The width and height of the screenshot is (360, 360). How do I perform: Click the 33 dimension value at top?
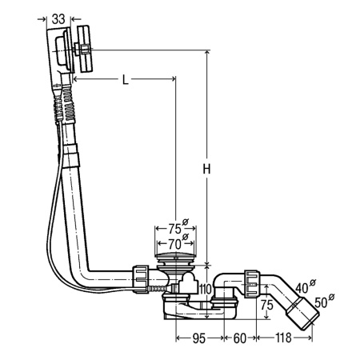pyautogui.click(x=58, y=19)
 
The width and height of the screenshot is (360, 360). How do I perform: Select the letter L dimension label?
pyautogui.click(x=126, y=79)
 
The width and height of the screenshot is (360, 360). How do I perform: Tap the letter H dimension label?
pyautogui.click(x=206, y=169)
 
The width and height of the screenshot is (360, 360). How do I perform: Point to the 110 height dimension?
pyautogui.click(x=205, y=289)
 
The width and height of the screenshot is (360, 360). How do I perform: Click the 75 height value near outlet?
pyautogui.click(x=267, y=305)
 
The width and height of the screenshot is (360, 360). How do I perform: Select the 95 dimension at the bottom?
pyautogui.click(x=199, y=338)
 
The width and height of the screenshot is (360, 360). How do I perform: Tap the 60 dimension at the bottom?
pyautogui.click(x=240, y=338)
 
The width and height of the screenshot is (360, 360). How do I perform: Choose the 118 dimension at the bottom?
pyautogui.click(x=283, y=338)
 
